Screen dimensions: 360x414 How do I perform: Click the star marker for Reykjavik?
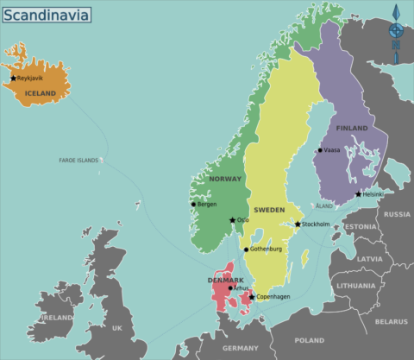coord(13,79)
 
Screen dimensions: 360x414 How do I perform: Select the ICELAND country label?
coord(40,93)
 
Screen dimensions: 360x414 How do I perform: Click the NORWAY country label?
coord(225,179)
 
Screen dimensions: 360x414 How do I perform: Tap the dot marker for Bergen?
coord(193,205)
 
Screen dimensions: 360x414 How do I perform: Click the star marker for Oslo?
coord(232,220)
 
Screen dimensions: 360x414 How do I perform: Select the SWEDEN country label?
coord(268,210)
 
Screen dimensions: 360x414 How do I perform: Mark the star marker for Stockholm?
coord(298,224)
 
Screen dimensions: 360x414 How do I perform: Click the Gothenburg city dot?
coord(246,249)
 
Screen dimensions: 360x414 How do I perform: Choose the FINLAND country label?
coord(351,129)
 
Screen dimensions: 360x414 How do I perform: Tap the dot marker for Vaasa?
coord(319,150)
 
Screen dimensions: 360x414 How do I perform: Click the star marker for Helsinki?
coord(359,194)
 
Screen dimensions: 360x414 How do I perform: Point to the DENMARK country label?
coord(225,280)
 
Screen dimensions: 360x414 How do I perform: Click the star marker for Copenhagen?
coord(251,297)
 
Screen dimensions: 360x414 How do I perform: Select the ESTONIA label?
coord(360,227)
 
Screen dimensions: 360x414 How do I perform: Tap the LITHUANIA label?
coord(356,285)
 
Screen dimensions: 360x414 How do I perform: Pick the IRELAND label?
coord(58,318)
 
